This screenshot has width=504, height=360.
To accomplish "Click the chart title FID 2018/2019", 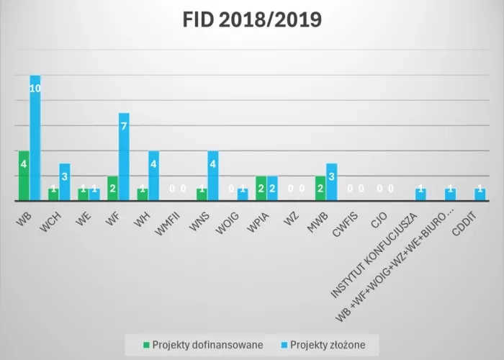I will tap(251, 19).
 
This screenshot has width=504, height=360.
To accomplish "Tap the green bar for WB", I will tap(24, 176).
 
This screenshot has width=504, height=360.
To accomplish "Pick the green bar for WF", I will tap(112, 188).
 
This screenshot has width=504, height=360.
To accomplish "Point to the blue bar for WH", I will tap(153, 176).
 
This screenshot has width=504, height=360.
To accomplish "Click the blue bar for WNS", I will tap(213, 176).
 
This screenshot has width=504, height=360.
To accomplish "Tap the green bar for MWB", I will tap(320, 188).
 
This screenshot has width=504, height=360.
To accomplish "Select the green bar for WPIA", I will tap(261, 188).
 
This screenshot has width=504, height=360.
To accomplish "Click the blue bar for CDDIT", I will tap(480, 194).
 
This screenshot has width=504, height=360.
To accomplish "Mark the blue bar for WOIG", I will tap(243, 194).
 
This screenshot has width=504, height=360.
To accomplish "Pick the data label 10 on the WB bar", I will tap(35, 89).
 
